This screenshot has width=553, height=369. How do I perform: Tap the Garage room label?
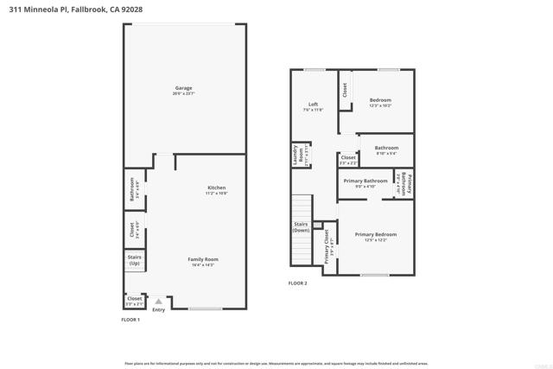click(183, 88)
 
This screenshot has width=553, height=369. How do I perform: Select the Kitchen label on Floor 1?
click(216, 188)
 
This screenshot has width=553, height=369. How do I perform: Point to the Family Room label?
click(204, 259)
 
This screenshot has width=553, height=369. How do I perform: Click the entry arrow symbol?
click(158, 302)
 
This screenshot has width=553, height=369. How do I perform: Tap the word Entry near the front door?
click(158, 309)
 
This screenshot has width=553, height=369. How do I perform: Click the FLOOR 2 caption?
click(298, 283)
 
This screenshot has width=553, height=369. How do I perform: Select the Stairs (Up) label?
click(134, 259)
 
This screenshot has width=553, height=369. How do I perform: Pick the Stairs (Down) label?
click(301, 227)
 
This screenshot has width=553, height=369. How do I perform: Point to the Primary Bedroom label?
click(375, 234)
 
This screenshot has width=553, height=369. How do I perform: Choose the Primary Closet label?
click(327, 245)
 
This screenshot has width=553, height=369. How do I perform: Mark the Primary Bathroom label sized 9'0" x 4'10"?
click(365, 181)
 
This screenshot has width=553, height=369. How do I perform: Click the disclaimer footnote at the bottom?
click(276, 363)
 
